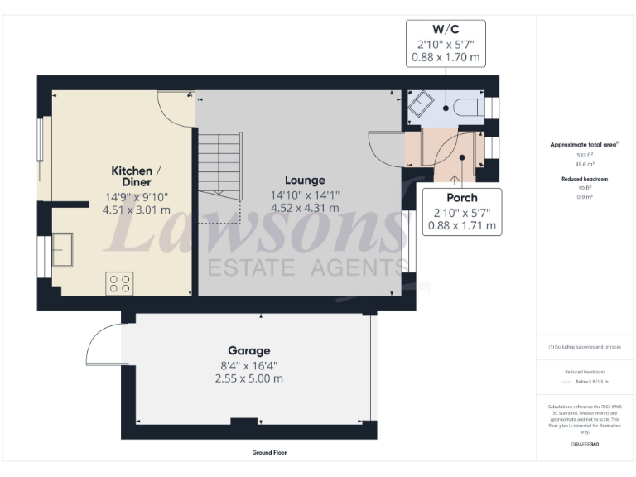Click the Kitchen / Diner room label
click(136, 176)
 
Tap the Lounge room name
click(305, 180)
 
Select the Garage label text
click(249, 350)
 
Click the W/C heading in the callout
click(446, 28)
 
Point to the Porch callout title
click(461, 198)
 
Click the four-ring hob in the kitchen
click(119, 283)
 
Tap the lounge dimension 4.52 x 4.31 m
click(305, 209)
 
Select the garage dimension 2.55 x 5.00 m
click(249, 378)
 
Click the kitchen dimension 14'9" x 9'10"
click(136, 197)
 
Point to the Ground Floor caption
click(270, 453)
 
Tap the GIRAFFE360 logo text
click(585, 445)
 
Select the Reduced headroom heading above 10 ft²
click(585, 179)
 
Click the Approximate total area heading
click(584, 144)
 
